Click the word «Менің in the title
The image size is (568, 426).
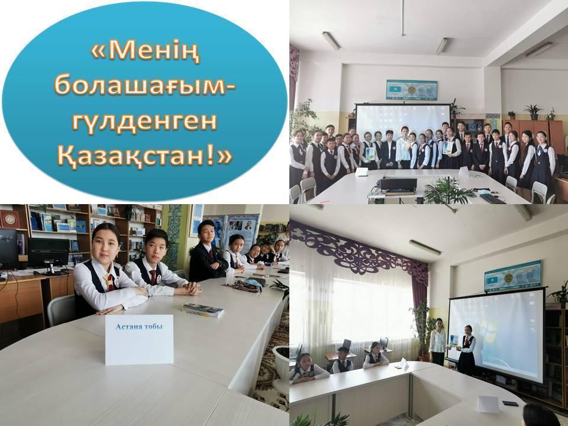145,52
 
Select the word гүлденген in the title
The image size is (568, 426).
144,122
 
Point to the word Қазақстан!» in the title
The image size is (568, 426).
144,156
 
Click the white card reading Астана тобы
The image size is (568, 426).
140,340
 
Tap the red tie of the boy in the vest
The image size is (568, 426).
153,277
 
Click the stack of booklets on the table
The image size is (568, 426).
202,310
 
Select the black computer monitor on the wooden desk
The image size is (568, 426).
49,253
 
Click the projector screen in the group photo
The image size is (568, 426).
403,118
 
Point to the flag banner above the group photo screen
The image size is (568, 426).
412,90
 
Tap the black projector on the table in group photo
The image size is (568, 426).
398,185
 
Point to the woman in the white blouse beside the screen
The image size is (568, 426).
438,342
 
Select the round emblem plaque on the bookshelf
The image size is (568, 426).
10,219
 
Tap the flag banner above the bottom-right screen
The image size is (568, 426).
513,276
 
